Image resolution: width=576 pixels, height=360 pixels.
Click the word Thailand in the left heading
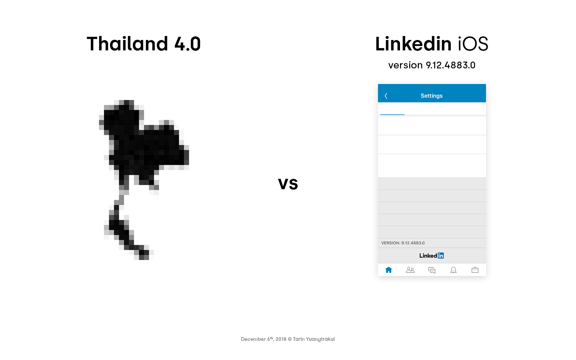128,44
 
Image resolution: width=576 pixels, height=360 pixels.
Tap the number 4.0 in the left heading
188,44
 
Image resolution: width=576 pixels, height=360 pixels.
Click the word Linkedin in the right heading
413,44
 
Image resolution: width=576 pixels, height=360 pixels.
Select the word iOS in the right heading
473,44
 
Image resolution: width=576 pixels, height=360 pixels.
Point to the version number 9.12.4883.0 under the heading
450,65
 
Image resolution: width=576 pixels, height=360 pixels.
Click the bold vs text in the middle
288,184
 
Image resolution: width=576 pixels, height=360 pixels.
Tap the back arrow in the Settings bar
386,96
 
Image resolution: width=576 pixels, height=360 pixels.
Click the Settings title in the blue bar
432,96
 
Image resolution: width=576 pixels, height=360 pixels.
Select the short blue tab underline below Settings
392,114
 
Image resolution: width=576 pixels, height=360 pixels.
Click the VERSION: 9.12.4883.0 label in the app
403,243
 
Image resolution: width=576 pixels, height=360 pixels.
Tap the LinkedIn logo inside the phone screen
432,256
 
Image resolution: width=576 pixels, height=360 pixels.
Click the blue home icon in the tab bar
388,270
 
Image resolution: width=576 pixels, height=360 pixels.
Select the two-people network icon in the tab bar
410,270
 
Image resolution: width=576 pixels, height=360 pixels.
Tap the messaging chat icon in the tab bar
432,270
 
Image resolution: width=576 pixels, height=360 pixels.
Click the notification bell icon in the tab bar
453,270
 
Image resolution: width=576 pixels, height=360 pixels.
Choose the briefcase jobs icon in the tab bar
475,270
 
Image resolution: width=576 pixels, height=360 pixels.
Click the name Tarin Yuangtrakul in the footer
314,339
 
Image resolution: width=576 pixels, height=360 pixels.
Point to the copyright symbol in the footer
290,339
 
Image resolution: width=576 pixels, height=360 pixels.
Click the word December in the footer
253,339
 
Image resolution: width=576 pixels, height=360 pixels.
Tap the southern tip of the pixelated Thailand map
144,258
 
